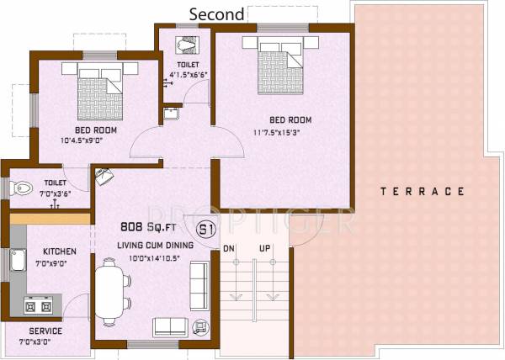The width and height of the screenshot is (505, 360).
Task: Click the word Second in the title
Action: [x=217, y=14]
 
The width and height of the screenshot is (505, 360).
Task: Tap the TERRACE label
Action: [x=422, y=192]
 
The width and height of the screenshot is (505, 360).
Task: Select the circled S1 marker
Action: [x=205, y=229]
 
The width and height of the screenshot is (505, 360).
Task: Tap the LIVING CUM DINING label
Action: [x=155, y=245]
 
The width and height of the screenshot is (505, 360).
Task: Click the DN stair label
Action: [x=228, y=249]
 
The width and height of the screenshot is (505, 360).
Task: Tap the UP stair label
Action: [x=264, y=249]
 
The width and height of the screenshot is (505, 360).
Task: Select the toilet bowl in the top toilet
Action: [x=185, y=44]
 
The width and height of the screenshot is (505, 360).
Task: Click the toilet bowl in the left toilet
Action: [x=23, y=189]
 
